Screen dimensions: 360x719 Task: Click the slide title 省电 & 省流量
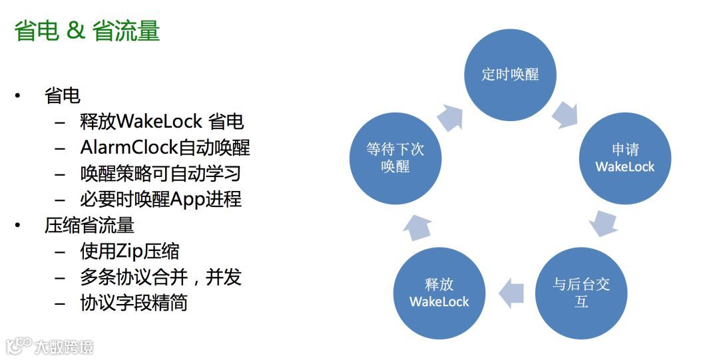point(87,31)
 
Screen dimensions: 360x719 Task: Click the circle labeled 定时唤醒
point(510,75)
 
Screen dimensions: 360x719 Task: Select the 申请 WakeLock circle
point(624,159)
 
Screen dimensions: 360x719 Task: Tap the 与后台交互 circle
point(581,293)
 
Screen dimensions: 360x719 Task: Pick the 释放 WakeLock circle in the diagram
point(439,293)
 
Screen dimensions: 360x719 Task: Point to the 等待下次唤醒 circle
point(395,158)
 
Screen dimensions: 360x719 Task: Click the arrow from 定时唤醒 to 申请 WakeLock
point(567,114)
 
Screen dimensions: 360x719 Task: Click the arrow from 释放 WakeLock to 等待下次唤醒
point(417,226)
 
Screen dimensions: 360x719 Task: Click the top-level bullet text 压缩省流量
point(90,226)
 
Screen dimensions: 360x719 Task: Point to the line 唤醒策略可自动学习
point(160,173)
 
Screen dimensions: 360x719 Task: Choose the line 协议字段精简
point(134,303)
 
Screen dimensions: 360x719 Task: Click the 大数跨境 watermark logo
point(50,346)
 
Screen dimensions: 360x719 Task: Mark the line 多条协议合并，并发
point(160,277)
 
